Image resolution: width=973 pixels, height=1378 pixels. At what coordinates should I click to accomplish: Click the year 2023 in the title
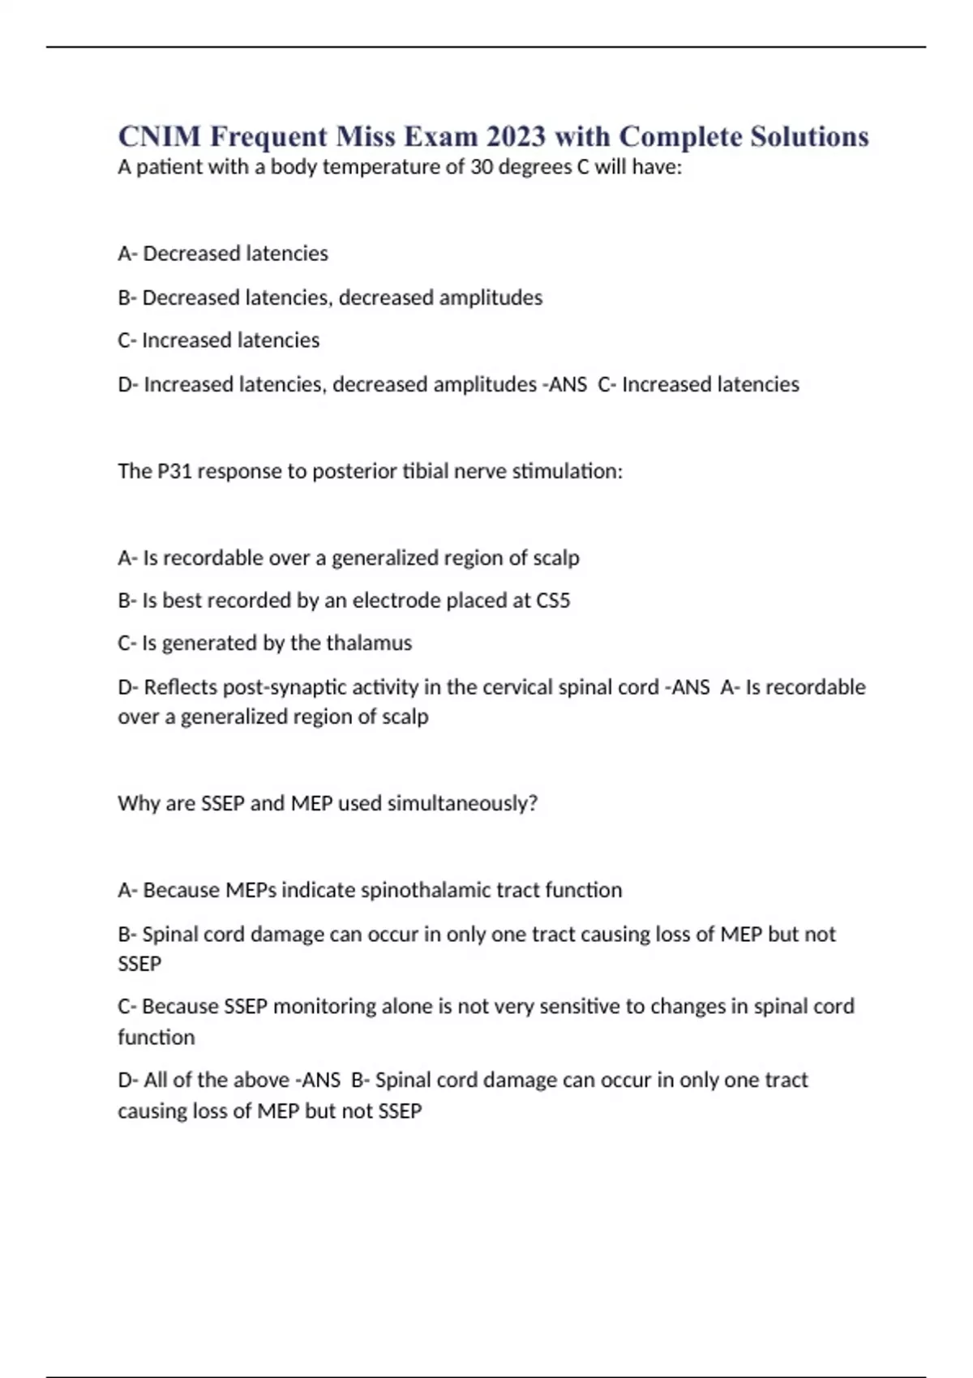tap(517, 136)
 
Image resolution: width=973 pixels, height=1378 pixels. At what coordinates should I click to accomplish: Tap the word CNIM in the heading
tap(159, 136)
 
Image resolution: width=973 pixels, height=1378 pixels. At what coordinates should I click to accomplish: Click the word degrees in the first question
tap(538, 168)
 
